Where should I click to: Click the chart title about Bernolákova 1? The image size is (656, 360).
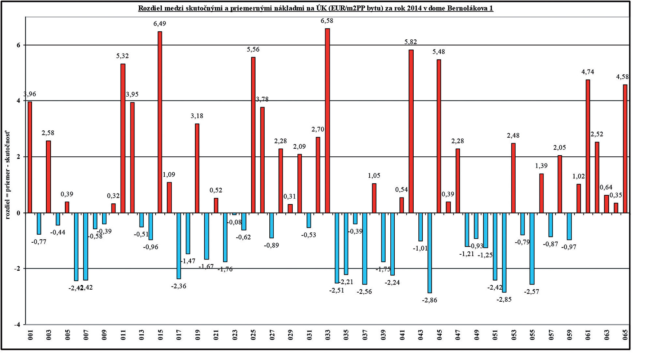(x=316, y=8)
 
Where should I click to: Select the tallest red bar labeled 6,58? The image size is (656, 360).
(x=327, y=120)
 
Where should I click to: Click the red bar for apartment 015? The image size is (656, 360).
(x=160, y=122)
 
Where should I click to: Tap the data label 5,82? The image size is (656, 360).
(x=410, y=42)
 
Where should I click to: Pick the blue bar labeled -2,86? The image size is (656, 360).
(x=430, y=253)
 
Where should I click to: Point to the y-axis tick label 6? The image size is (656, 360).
(x=19, y=45)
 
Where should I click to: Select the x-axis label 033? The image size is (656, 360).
(x=328, y=334)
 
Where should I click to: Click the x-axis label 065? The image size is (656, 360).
(x=625, y=334)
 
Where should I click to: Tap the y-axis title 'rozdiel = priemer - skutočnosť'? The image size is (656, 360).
(x=8, y=175)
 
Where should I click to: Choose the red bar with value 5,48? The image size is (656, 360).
(x=439, y=136)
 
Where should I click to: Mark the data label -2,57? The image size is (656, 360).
(x=531, y=292)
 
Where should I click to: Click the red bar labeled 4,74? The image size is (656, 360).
(x=588, y=146)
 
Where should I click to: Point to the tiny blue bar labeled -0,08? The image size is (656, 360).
(x=234, y=214)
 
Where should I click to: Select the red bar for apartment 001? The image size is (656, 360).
(x=30, y=157)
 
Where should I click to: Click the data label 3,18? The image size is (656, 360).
(x=197, y=116)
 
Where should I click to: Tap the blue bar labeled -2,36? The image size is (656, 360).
(x=179, y=246)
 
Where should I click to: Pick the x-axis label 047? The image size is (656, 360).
(x=458, y=334)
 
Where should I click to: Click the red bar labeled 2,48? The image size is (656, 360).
(x=513, y=178)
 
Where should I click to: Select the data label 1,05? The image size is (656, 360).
(x=374, y=176)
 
